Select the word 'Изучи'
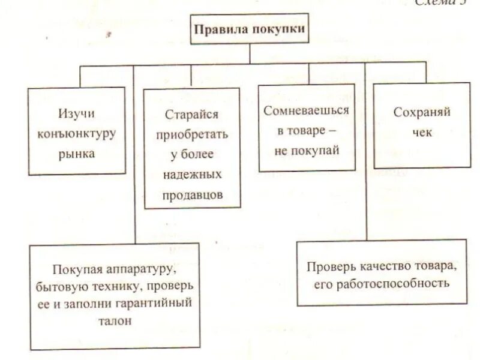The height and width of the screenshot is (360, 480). tap(77, 112)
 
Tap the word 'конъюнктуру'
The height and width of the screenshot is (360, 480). tap(77, 133)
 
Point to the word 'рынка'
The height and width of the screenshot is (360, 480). tap(77, 153)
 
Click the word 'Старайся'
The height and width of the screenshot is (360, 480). tap(191, 113)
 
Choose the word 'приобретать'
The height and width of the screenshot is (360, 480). tap(192, 134)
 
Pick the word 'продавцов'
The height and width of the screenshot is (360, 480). tap(192, 195)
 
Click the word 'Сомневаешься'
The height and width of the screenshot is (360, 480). tap(306, 110)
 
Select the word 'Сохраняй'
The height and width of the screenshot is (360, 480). tap(422, 112)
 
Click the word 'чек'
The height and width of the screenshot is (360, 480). tap(422, 133)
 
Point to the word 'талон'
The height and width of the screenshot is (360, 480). tap(112, 321)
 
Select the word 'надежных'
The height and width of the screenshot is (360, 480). tap(192, 175)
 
